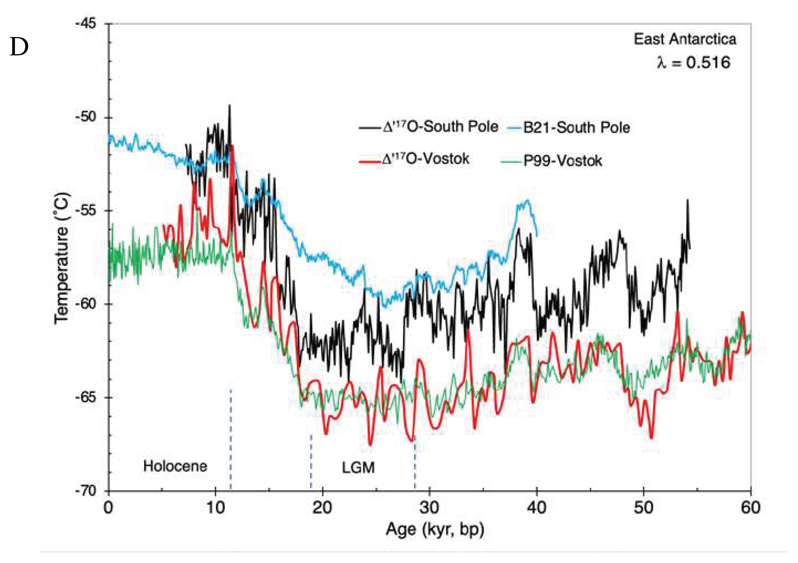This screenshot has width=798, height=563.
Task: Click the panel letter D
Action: click(19, 47)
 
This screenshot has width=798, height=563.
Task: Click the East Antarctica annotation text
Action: click(684, 39)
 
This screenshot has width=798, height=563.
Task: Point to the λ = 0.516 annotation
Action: click(693, 63)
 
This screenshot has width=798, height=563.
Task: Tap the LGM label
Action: click(358, 468)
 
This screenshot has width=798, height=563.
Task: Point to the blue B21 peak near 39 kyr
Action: click(527, 201)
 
